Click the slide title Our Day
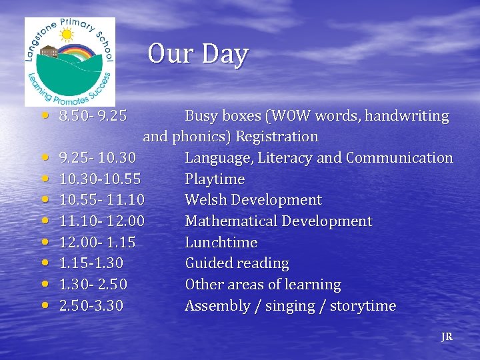(x=198, y=54)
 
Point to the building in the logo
(x=49, y=52)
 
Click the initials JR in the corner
(x=447, y=337)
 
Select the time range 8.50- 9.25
(x=93, y=116)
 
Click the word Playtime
(x=215, y=179)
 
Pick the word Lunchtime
(x=221, y=243)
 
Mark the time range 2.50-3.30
(x=91, y=307)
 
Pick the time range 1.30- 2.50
(x=93, y=285)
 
